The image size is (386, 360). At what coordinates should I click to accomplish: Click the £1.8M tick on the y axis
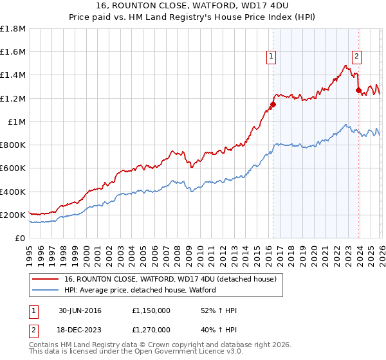14,29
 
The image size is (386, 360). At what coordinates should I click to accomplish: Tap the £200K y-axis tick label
14,215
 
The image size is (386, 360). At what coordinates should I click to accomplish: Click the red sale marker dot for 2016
273,104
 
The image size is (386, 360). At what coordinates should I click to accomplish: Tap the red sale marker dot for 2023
358,91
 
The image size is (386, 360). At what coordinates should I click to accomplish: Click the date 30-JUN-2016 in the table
82,310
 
